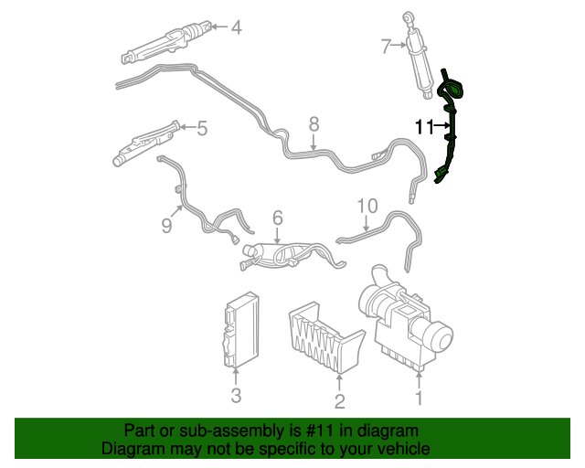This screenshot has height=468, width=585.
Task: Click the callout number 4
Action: coord(236,27)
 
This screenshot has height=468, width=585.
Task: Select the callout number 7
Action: coord(386,45)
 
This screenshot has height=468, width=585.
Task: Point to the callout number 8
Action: coord(314,122)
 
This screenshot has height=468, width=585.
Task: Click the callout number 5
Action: coord(202,129)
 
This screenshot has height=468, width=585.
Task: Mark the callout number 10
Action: coord(366,206)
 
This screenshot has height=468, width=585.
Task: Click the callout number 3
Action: coord(236,395)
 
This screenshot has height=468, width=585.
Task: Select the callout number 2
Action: coord(339,401)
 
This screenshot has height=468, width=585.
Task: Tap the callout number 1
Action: coord(419,398)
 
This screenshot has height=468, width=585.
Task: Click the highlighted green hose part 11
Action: coord(451,128)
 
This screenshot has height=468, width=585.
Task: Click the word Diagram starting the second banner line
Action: coord(129,449)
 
